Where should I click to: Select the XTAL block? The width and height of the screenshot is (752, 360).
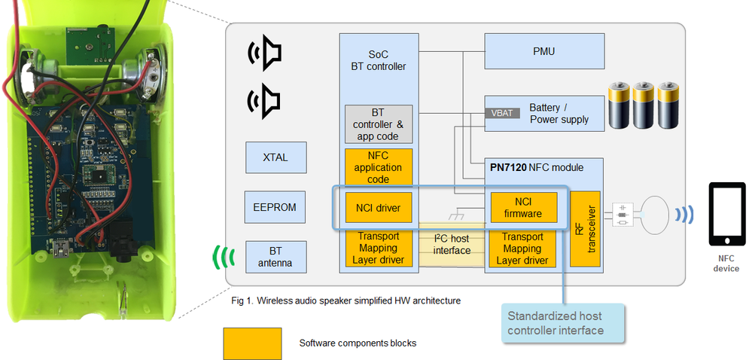pos(276,157)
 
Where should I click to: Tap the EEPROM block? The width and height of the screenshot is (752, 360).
pos(276,207)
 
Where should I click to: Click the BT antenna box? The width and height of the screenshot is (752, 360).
pos(276,257)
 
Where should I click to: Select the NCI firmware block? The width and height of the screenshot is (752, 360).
pos(523,207)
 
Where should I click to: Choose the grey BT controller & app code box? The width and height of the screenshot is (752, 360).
pos(379,124)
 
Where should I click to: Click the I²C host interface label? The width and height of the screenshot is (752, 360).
pos(452,245)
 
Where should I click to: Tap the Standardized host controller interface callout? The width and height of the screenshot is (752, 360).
pos(565,322)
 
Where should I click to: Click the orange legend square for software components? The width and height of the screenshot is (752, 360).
pos(252,343)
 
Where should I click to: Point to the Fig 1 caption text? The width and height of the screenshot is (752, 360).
pos(346,301)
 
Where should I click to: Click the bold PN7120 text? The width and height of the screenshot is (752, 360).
pos(507,166)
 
